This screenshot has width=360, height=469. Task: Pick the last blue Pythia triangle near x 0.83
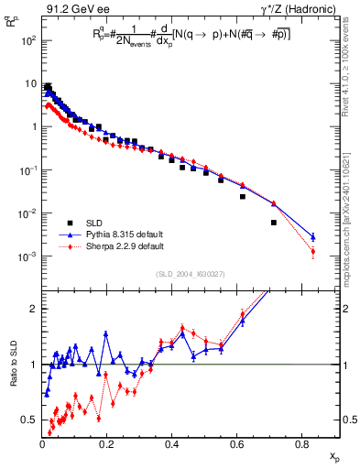313,236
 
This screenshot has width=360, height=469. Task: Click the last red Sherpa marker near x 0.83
313,251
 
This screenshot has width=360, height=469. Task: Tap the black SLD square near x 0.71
274,223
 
